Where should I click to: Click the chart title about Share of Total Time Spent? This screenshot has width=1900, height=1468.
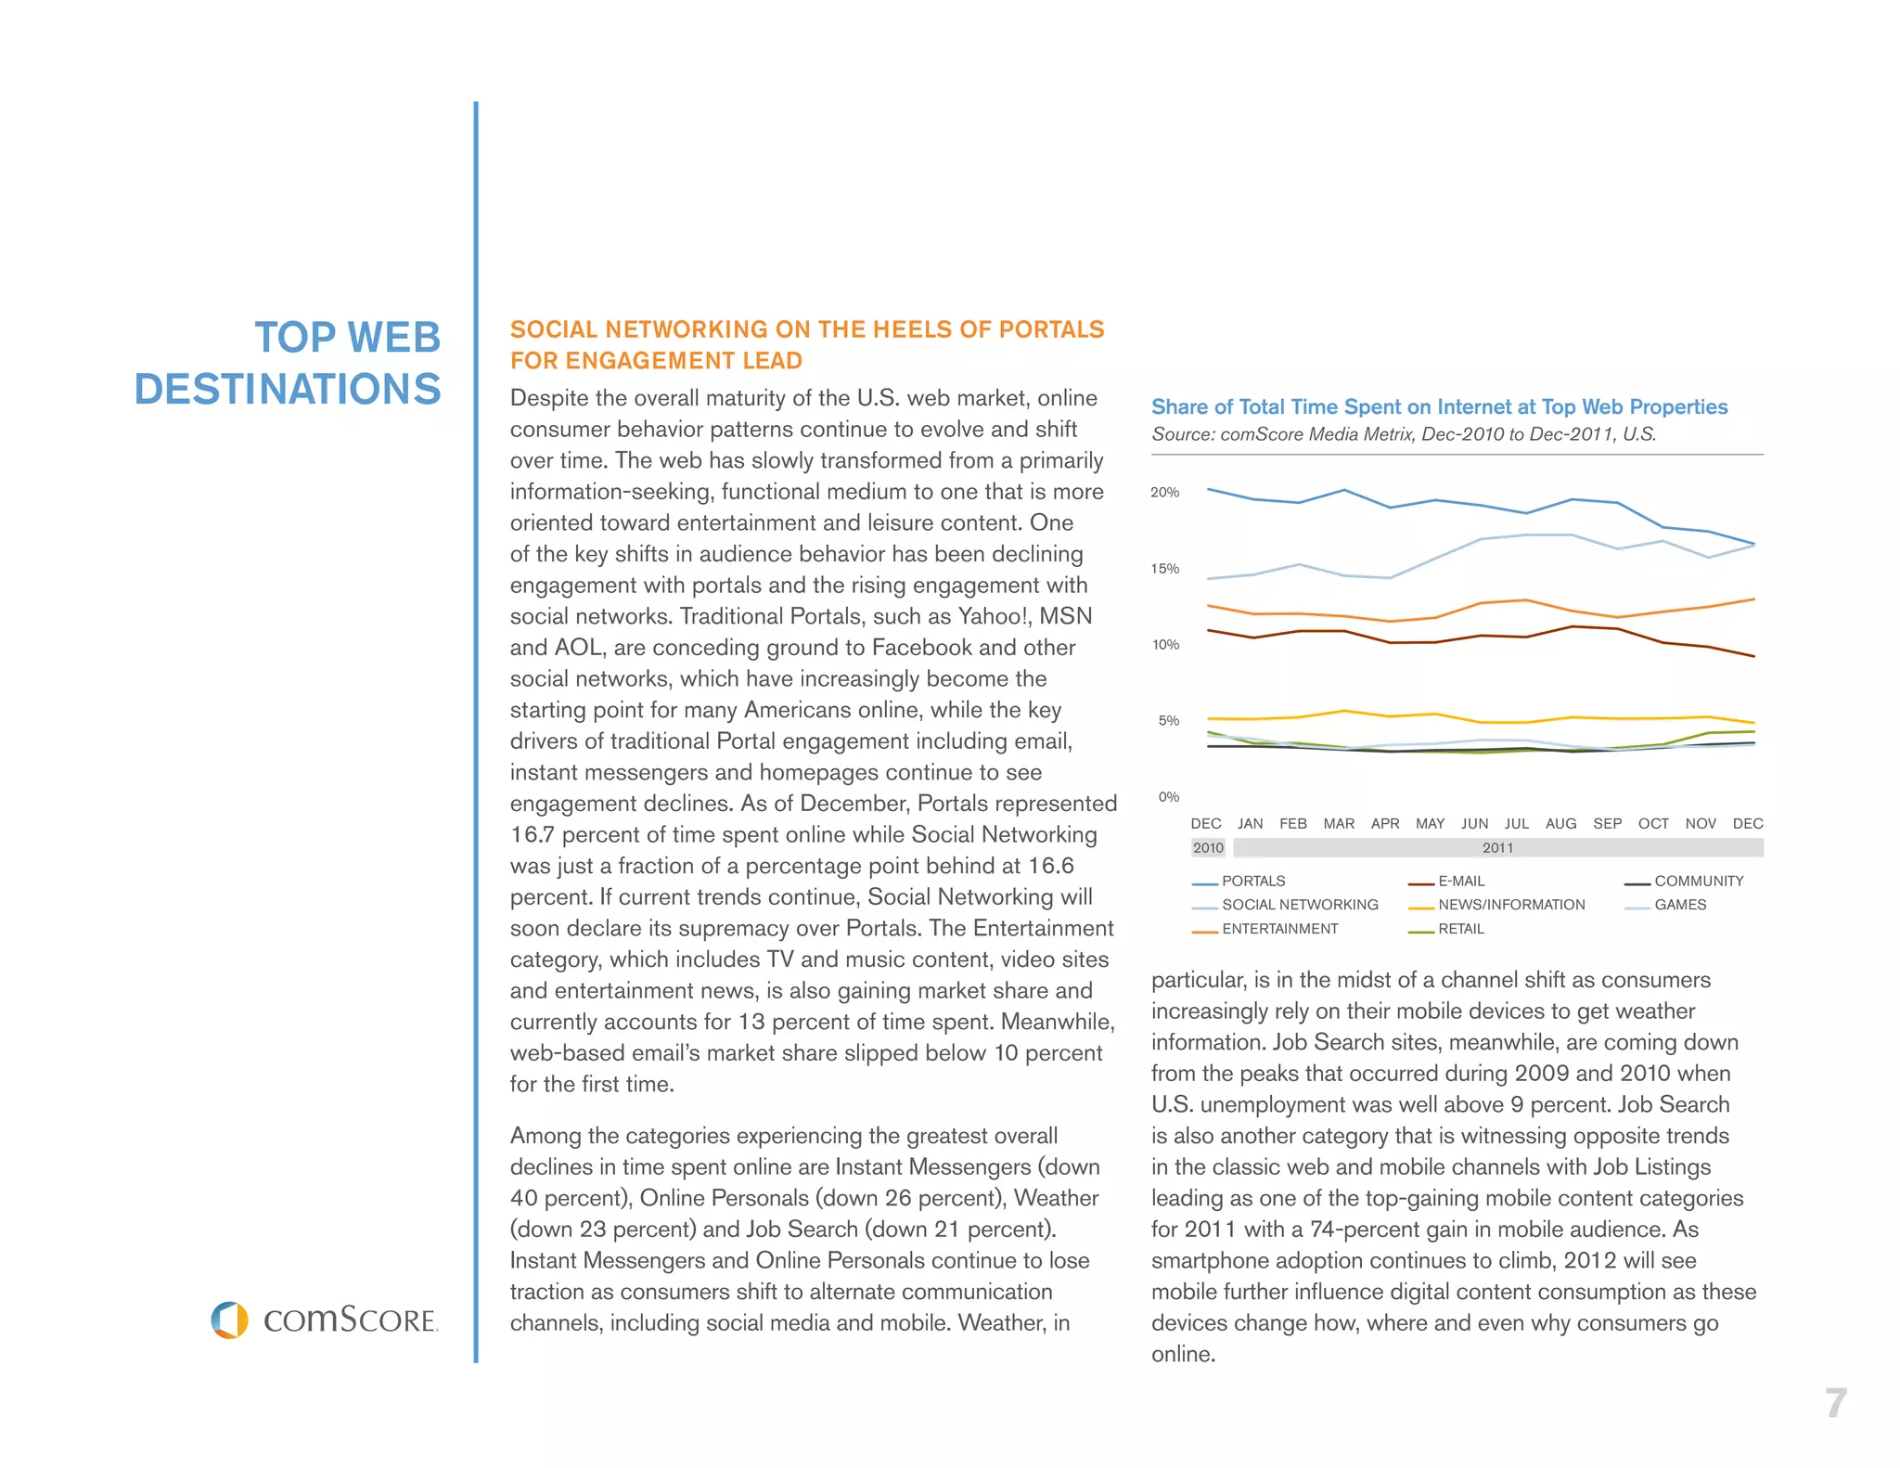point(1439,406)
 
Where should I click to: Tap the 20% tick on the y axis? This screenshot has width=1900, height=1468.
point(1164,492)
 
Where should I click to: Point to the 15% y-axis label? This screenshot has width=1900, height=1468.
point(1164,568)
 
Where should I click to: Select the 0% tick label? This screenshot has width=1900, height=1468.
point(1168,796)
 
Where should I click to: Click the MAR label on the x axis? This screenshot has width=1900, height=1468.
point(1338,823)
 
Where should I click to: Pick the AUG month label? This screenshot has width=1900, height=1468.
point(1560,823)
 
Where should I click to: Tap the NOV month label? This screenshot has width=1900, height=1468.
point(1700,823)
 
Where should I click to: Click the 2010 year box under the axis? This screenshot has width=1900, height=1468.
point(1208,847)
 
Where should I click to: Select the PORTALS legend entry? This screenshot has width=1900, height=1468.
point(1252,881)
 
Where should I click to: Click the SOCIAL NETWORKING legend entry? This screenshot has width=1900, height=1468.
point(1299,905)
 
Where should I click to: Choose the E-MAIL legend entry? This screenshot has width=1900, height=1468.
point(1461,881)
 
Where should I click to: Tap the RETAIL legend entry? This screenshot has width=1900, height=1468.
point(1461,929)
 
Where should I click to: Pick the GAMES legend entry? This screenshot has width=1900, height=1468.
point(1679,905)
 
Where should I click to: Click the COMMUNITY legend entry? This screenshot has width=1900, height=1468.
point(1698,881)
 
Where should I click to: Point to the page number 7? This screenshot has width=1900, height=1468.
point(1835,1403)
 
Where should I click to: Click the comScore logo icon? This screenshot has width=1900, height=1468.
point(229,1320)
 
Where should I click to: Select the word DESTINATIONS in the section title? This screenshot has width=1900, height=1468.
point(288,389)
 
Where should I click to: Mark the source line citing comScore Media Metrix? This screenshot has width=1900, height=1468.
point(1403,434)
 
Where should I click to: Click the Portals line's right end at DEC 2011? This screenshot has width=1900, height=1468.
point(1753,544)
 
